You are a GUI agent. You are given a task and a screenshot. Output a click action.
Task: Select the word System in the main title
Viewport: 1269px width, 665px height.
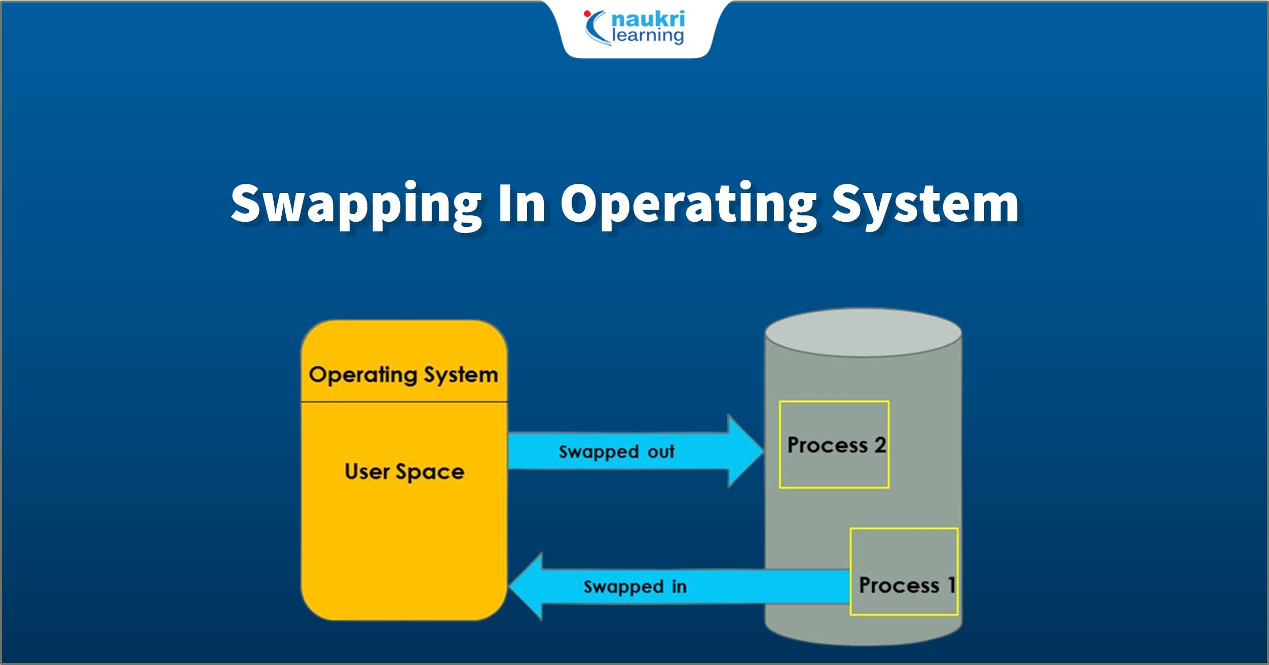click(925, 204)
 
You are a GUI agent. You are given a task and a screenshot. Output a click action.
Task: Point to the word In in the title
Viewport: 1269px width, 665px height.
click(521, 204)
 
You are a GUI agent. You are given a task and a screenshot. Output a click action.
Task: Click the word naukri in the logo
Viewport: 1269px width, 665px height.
click(648, 19)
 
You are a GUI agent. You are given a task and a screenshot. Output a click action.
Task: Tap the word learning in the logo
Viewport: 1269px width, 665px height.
click(648, 35)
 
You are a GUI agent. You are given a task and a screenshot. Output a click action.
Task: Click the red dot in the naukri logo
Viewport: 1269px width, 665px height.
click(587, 14)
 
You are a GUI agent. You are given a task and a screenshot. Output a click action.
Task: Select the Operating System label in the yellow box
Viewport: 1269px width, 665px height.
click(403, 375)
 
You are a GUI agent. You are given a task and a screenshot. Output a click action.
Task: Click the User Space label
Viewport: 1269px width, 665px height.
click(404, 472)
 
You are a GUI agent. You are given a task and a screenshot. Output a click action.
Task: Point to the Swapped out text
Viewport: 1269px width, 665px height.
click(616, 452)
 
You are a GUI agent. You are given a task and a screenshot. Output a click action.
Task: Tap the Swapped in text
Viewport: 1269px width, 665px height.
click(635, 587)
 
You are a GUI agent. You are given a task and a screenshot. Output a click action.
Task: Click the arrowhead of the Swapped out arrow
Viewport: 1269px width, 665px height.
click(745, 451)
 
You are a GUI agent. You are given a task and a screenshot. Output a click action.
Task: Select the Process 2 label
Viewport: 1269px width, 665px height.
click(836, 445)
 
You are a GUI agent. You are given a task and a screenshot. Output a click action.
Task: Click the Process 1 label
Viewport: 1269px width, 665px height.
click(907, 585)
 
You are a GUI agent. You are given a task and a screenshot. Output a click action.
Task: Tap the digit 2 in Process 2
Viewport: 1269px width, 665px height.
click(880, 445)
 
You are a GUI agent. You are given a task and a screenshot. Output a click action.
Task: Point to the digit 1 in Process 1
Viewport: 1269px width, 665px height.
click(951, 585)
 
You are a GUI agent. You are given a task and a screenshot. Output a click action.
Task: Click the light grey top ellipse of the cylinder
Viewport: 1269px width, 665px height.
click(863, 333)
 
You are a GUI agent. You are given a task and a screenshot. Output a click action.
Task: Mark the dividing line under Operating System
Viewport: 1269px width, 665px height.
click(404, 402)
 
